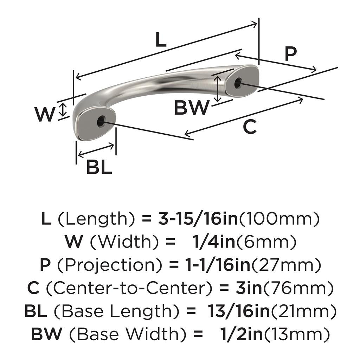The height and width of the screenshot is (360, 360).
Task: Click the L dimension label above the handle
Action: click(x=160, y=41)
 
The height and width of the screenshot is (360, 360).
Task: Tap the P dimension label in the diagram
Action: click(x=290, y=54)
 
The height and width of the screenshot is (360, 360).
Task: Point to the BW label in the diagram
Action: click(x=192, y=108)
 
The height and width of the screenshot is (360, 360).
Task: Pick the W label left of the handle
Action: click(x=45, y=114)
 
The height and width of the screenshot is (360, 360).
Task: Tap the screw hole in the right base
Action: click(x=238, y=83)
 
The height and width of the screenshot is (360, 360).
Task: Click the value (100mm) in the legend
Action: click(x=279, y=219)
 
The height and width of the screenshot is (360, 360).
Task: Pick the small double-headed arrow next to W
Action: click(x=63, y=110)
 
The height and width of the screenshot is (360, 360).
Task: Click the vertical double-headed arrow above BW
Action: click(x=219, y=89)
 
